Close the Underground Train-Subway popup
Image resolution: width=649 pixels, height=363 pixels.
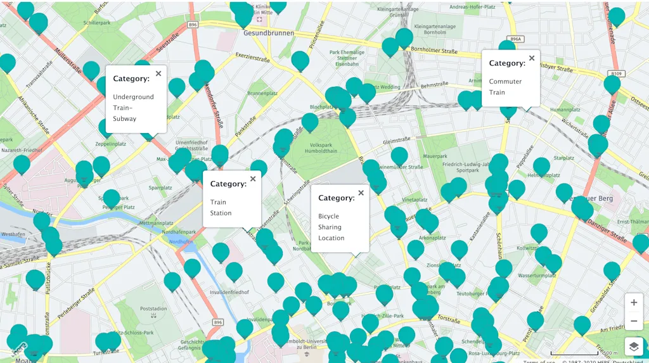click(158, 73)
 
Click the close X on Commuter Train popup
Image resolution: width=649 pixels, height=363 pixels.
click(532, 58)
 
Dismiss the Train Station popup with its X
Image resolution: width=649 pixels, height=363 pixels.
click(253, 179)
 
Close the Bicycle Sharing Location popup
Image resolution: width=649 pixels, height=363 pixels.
click(361, 193)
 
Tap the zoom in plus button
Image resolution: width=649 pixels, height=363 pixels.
click(634, 303)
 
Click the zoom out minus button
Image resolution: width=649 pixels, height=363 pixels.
click(634, 321)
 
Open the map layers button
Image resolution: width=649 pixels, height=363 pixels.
click(634, 346)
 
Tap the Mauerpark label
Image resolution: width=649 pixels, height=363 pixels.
click(417, 154)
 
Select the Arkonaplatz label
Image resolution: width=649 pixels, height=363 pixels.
click(432, 238)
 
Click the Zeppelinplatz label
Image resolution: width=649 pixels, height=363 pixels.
click(110, 144)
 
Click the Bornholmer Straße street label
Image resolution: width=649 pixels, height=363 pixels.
click(434, 49)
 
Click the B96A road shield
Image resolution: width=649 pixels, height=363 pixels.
click(515, 39)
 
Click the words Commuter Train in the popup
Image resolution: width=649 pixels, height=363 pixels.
click(505, 87)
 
